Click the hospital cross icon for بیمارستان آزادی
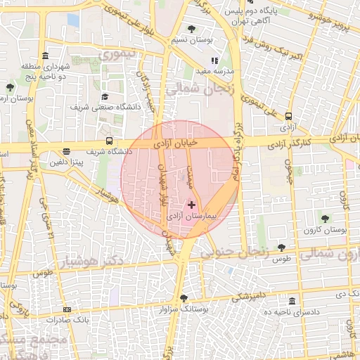tap(191, 205)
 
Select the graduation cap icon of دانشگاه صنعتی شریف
tap(105, 97)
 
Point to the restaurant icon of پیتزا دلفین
tap(66, 150)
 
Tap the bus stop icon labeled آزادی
tap(288, 117)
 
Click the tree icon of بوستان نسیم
tap(192, 29)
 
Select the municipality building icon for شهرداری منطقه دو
tap(46, 56)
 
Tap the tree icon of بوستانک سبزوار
tap(184, 298)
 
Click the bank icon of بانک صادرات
tap(67, 309)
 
